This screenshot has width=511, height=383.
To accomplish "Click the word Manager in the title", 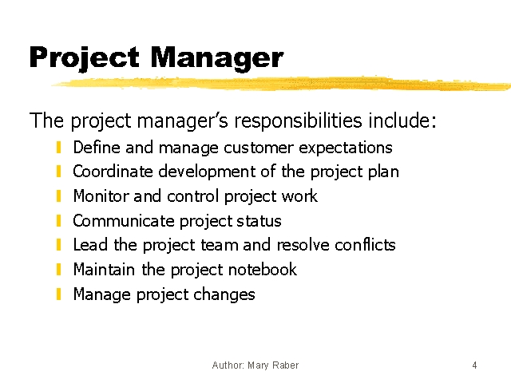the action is click(x=216, y=58).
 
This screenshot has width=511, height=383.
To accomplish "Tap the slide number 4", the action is click(x=474, y=365).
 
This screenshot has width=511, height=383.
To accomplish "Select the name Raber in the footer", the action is click(x=286, y=365).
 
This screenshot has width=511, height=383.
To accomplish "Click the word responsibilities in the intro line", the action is click(x=298, y=120).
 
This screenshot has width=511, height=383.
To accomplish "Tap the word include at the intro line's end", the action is click(x=402, y=120).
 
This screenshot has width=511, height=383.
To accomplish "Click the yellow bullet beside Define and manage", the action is click(x=58, y=147).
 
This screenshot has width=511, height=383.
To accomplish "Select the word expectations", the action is click(x=346, y=148).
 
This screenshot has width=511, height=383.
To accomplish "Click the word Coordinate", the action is click(x=113, y=172).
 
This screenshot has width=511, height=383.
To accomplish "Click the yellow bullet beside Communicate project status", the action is click(x=58, y=220).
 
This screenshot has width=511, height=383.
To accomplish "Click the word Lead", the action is click(x=90, y=245).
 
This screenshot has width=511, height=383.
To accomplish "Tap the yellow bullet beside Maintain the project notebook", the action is click(x=58, y=270).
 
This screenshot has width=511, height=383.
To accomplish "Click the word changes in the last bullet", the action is click(x=224, y=294).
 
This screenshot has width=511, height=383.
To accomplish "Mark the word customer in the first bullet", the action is click(x=259, y=148).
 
